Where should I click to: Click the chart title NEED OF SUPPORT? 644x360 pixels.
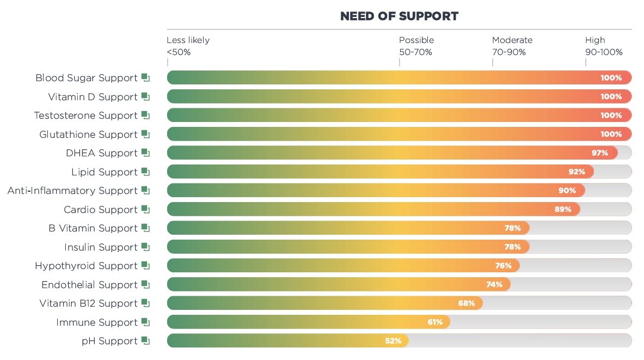point(399,16)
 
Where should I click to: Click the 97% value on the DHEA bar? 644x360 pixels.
point(600,153)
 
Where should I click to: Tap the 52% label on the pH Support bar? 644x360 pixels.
point(393,341)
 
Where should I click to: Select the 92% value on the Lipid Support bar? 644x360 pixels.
point(576,172)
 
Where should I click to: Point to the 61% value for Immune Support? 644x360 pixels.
point(435,322)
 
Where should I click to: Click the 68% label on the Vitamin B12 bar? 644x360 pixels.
point(467,303)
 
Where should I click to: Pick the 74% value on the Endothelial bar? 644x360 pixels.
point(494,285)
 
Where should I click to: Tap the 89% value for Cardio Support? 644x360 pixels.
point(563,210)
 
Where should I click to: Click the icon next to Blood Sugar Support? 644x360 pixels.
point(145,78)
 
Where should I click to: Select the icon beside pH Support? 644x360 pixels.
point(145,341)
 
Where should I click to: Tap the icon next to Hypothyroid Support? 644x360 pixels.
point(145,266)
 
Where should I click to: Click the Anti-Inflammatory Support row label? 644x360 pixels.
point(72,191)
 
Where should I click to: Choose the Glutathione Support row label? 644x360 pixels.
point(88,135)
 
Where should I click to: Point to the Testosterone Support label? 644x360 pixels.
point(85,115)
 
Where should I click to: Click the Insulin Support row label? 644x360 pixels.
point(101,247)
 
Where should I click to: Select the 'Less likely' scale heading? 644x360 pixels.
point(188,40)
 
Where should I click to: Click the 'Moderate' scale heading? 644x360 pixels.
point(512,40)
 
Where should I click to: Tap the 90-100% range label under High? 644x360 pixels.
point(603,52)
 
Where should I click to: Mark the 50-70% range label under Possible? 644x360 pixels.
point(415,52)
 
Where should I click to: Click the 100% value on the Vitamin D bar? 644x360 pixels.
point(611,97)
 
